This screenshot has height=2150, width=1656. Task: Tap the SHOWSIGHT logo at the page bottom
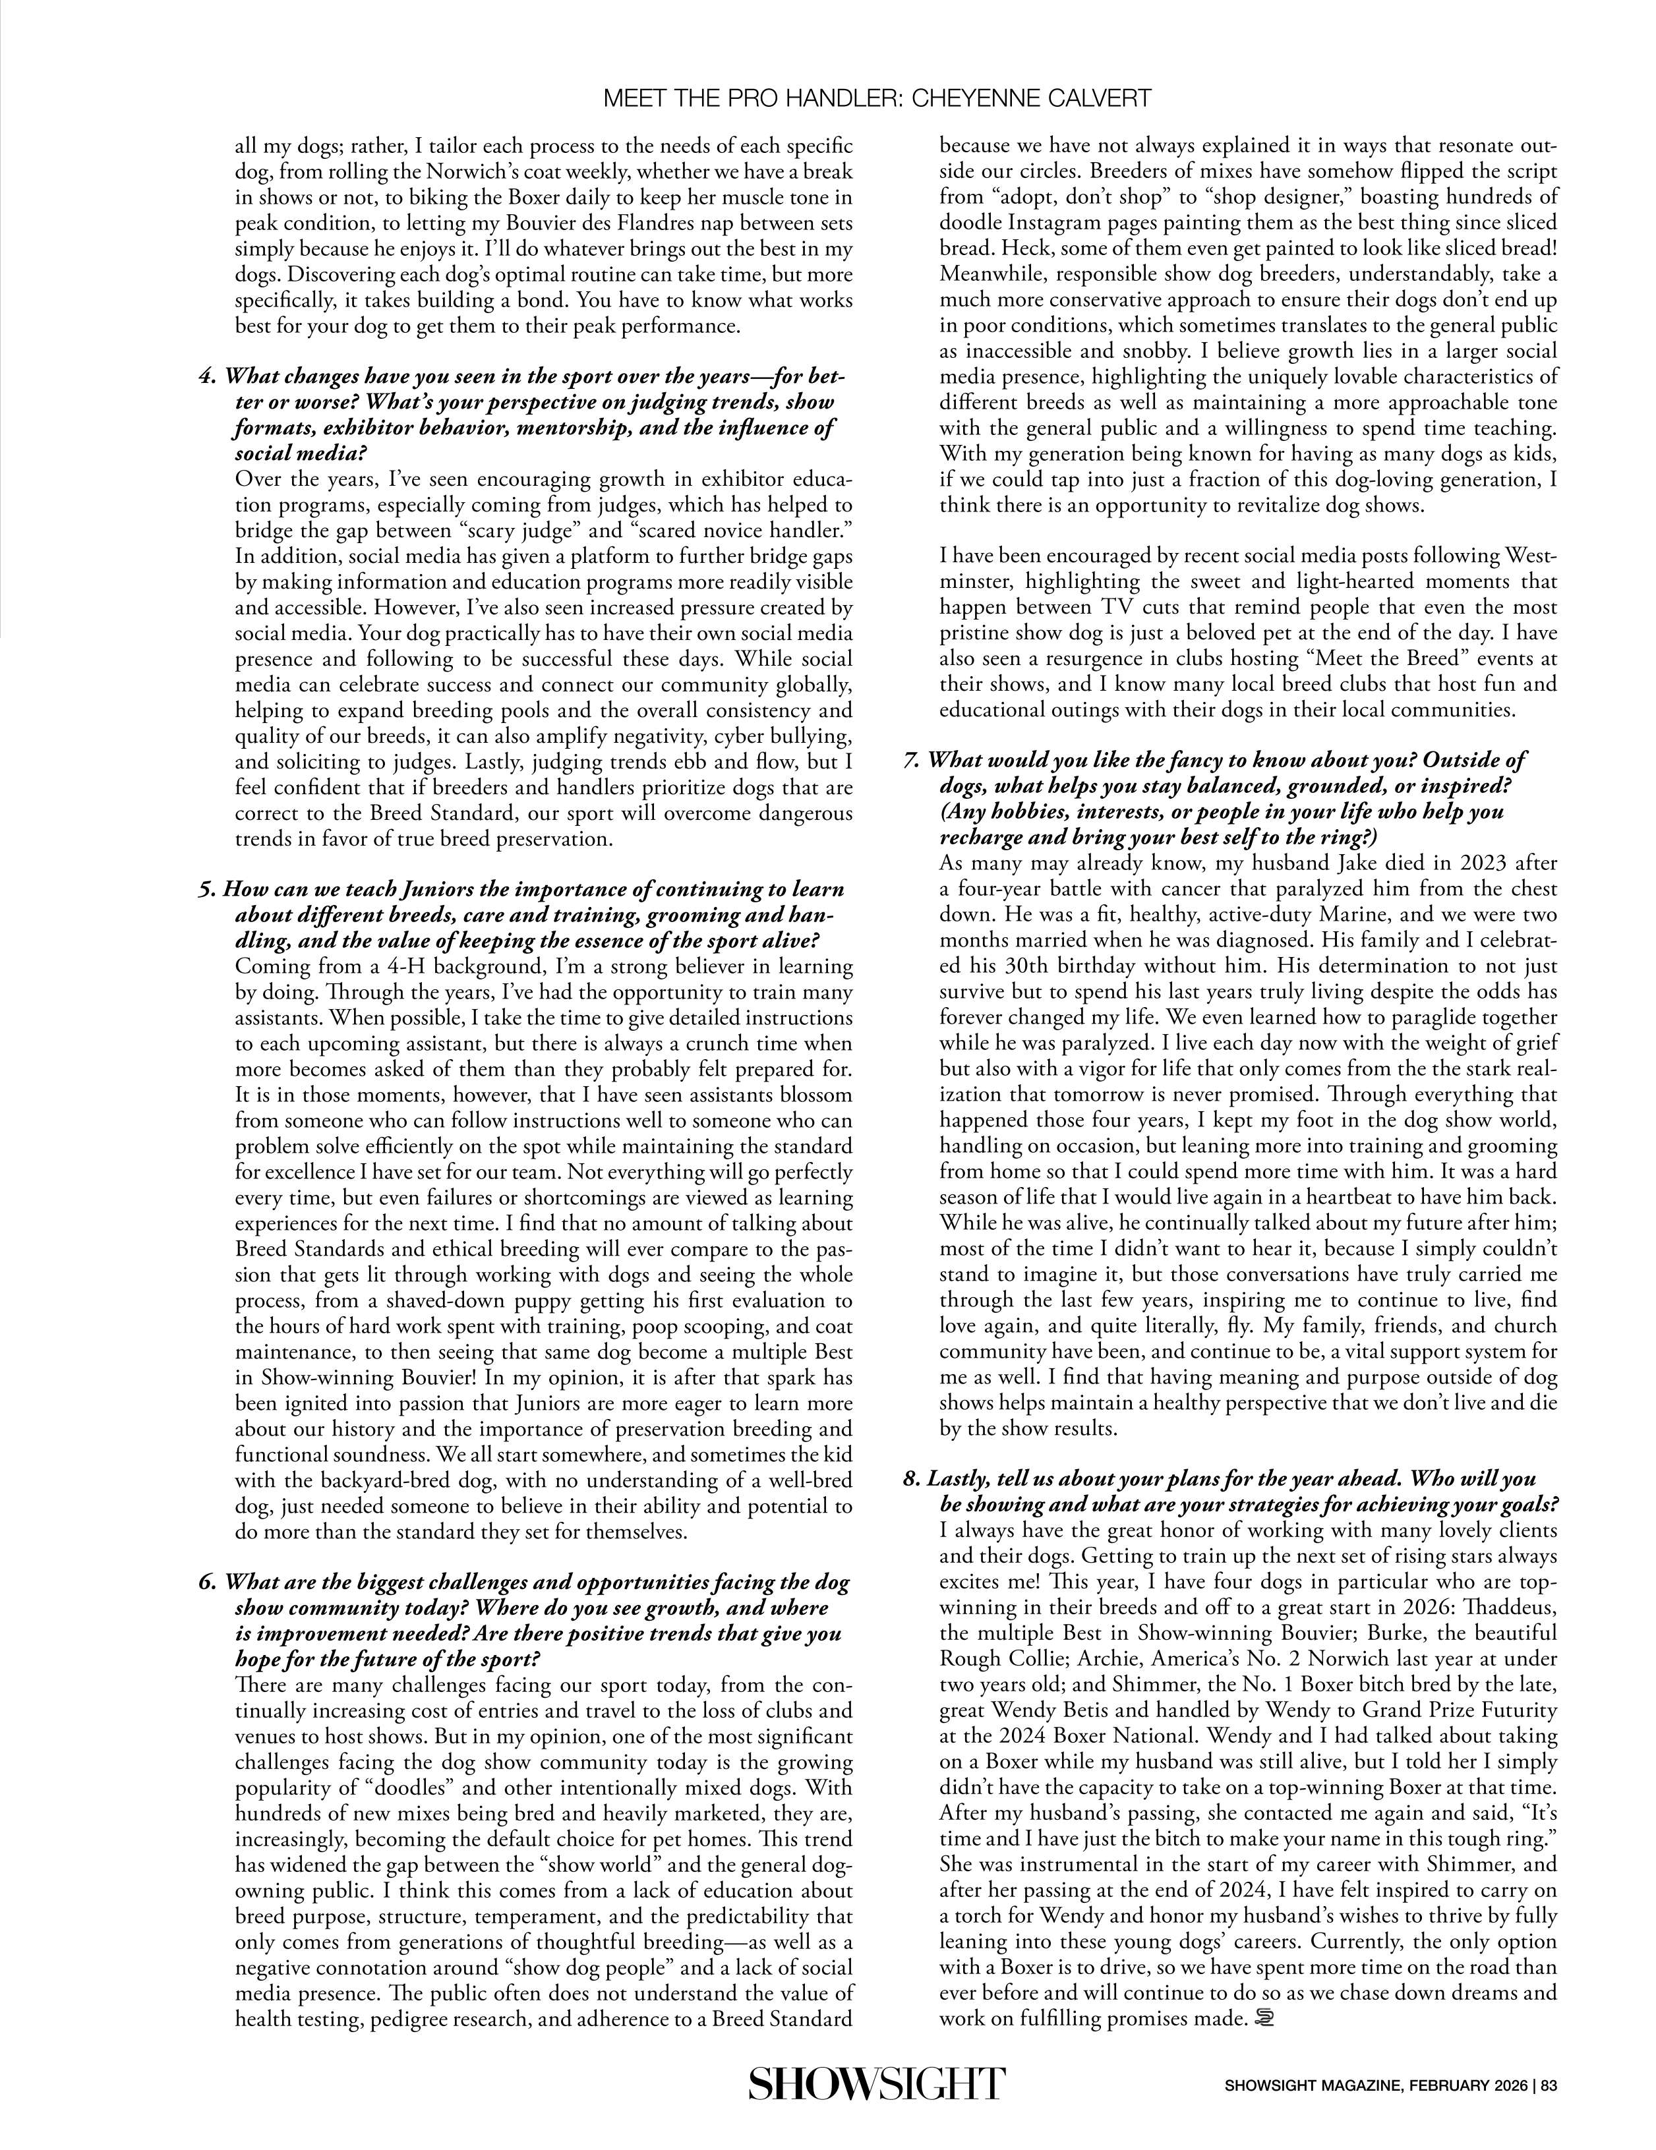[876, 2084]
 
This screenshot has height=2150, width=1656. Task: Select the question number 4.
[207, 377]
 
